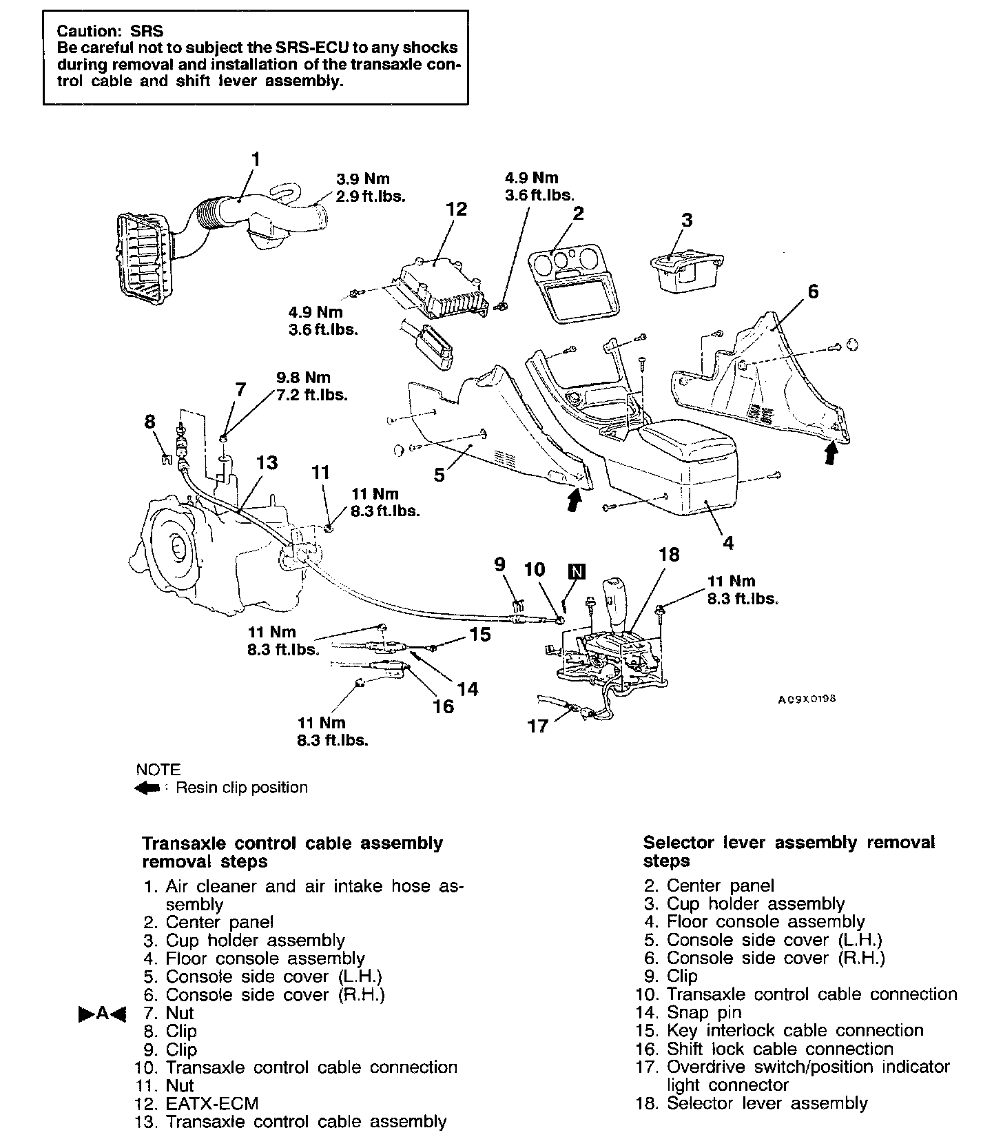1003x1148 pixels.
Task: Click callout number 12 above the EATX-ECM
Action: tap(456, 209)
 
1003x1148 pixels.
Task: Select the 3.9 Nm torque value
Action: tap(363, 179)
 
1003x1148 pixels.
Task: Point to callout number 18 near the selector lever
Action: tap(668, 555)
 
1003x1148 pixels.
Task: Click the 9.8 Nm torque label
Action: tap(304, 378)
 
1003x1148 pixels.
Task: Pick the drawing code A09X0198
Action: tap(807, 699)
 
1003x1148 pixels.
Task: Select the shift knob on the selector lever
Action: tap(613, 595)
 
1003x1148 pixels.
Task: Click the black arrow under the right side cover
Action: tap(831, 452)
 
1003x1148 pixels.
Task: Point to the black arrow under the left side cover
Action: tap(573, 499)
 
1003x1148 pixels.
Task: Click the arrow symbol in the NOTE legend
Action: tap(147, 788)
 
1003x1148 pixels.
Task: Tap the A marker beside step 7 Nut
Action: tap(102, 1014)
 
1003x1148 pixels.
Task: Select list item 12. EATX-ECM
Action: tap(198, 1103)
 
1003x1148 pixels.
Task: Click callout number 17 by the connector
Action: tap(537, 725)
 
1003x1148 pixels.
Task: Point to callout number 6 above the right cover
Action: tap(813, 291)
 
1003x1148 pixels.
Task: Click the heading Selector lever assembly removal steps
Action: tap(789, 852)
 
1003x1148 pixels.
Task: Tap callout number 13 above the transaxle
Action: tap(267, 462)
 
